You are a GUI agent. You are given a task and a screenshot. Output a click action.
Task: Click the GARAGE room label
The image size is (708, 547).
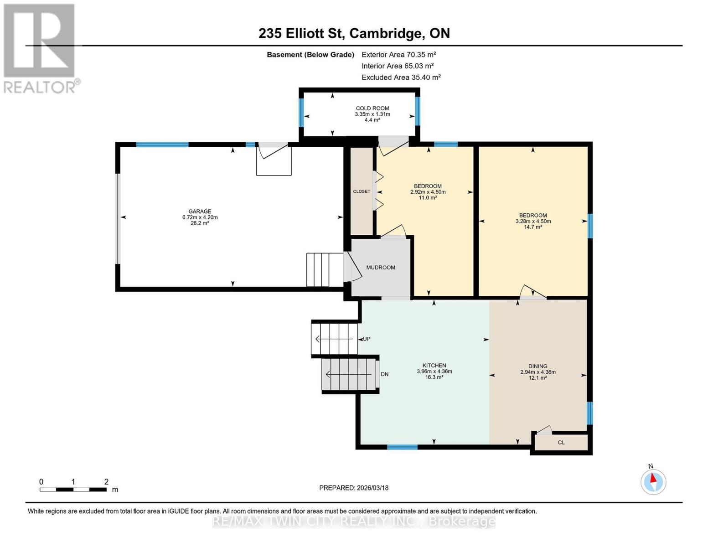(200, 212)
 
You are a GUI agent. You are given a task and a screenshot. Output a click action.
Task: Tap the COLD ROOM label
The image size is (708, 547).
(372, 108)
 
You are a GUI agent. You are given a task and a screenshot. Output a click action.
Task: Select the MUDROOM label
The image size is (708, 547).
(381, 268)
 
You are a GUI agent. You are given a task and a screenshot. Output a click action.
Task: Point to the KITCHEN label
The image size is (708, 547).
(434, 366)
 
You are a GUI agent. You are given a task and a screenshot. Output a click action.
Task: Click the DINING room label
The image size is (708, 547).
(538, 366)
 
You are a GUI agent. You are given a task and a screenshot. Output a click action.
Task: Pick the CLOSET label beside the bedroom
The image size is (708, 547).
(362, 191)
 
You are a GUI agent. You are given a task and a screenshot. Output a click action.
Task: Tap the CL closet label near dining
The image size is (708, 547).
(561, 443)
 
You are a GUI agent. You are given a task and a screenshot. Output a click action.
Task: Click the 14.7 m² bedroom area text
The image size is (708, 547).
(533, 227)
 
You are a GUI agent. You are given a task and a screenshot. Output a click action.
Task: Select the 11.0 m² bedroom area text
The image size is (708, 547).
(428, 198)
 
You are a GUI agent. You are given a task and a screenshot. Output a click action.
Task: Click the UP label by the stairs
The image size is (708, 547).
(367, 339)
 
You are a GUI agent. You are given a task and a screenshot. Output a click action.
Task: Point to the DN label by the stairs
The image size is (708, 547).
(384, 374)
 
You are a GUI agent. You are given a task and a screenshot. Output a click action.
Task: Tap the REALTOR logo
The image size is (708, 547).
(40, 48)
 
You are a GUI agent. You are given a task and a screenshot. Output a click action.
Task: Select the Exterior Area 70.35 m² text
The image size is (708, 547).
(398, 55)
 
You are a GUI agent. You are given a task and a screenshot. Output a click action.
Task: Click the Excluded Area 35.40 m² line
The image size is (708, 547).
(401, 77)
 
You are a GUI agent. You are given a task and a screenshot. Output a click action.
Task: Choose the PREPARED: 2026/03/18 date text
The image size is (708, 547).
(354, 488)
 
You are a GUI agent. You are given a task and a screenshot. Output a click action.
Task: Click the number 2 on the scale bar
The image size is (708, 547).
(106, 482)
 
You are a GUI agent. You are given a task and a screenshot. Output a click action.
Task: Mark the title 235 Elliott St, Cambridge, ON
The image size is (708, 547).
(354, 33)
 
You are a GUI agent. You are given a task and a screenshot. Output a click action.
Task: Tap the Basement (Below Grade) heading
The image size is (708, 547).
(310, 55)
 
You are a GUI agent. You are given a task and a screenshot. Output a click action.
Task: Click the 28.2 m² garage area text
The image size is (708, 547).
(200, 223)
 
